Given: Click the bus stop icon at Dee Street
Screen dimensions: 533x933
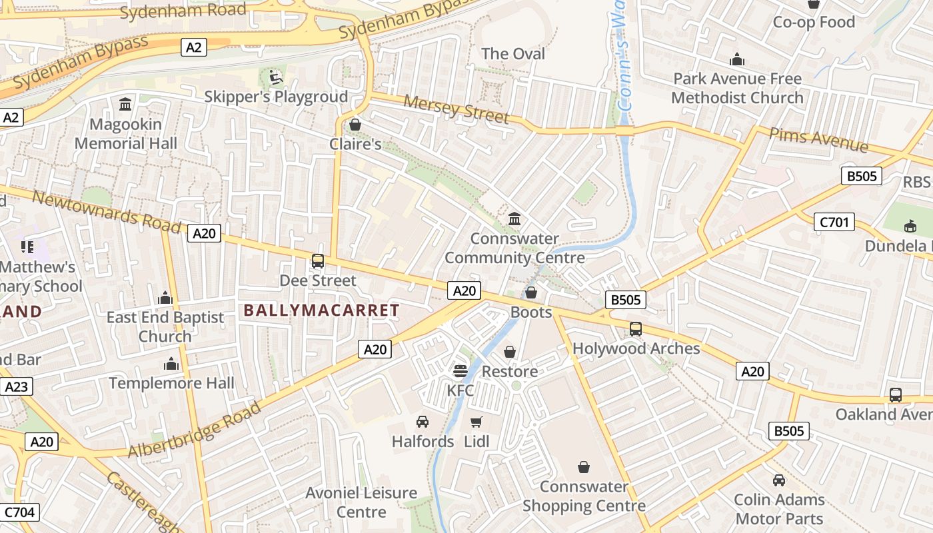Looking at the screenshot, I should click(318, 261).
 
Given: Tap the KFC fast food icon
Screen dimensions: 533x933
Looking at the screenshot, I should click(460, 370).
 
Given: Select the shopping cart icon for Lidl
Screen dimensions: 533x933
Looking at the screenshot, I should click(476, 422).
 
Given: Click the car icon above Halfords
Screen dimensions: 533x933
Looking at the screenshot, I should click(422, 422).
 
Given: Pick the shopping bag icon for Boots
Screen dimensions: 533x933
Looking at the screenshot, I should click(531, 292).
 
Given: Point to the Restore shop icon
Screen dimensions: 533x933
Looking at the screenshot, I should click(510, 352).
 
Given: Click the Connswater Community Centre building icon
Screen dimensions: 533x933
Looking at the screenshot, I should click(514, 219).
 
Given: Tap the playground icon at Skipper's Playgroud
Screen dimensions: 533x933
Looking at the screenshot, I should click(275, 77).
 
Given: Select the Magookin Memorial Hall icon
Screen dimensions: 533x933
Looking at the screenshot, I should click(125, 105).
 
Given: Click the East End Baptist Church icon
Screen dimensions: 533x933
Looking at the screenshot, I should click(165, 298).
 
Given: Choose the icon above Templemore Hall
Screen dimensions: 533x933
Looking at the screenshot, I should click(171, 364).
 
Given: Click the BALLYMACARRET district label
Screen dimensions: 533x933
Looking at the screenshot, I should click(321, 310).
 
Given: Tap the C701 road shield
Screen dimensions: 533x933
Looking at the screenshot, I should click(834, 222).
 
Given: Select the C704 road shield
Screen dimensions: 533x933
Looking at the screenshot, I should click(20, 512).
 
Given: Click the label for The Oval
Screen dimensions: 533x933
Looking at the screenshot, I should click(512, 53).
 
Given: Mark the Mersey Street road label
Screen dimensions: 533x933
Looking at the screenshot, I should click(457, 109).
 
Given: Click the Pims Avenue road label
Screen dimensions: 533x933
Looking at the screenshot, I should click(818, 139).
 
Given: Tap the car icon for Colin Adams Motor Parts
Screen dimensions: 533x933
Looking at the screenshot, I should click(778, 480).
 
